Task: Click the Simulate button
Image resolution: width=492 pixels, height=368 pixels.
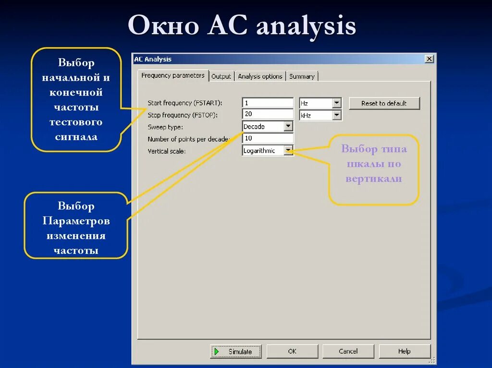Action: click(236, 352)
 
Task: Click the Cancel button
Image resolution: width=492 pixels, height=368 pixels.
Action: click(348, 351)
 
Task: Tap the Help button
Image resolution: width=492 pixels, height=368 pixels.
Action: click(404, 351)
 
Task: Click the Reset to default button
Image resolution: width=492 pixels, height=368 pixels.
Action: click(384, 103)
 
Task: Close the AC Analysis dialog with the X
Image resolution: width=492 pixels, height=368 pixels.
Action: click(429, 59)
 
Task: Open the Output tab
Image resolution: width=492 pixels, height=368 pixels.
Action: click(221, 76)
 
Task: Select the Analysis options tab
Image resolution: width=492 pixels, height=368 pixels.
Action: click(260, 76)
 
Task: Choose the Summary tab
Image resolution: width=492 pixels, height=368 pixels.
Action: click(302, 76)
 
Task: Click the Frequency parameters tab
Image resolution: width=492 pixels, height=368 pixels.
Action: click(173, 75)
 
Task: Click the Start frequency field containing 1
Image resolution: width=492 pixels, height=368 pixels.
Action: click(268, 103)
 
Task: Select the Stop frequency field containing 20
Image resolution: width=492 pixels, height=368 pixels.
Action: click(268, 114)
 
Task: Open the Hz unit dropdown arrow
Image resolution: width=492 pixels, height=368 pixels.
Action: click(337, 103)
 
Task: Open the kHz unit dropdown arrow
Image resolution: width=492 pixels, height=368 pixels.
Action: click(337, 115)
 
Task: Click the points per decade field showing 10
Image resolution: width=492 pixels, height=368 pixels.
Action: click(268, 138)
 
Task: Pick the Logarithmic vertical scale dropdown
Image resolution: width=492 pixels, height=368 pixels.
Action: click(267, 151)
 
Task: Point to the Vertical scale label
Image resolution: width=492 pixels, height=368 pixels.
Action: click(166, 151)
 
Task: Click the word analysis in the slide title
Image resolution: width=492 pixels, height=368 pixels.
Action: click(306, 26)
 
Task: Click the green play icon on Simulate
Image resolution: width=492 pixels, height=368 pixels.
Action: click(217, 352)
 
